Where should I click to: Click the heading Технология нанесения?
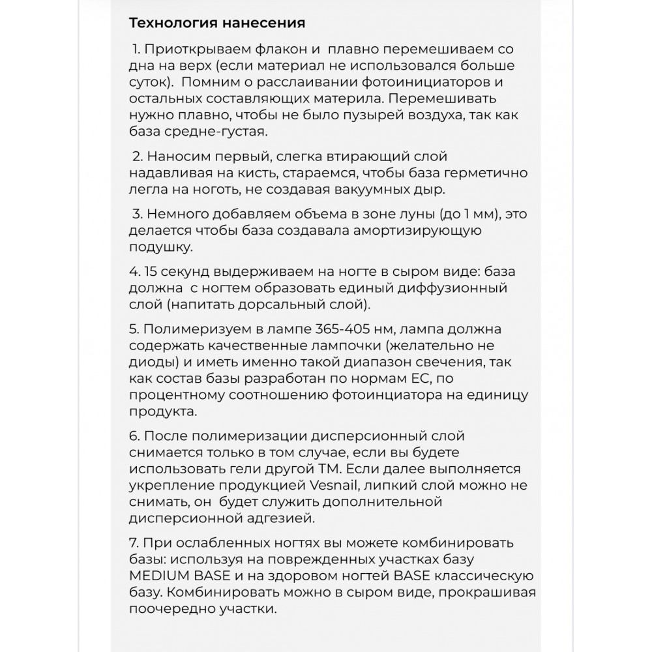(x=217, y=23)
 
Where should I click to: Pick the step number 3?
(x=136, y=214)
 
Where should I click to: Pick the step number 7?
(x=134, y=543)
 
